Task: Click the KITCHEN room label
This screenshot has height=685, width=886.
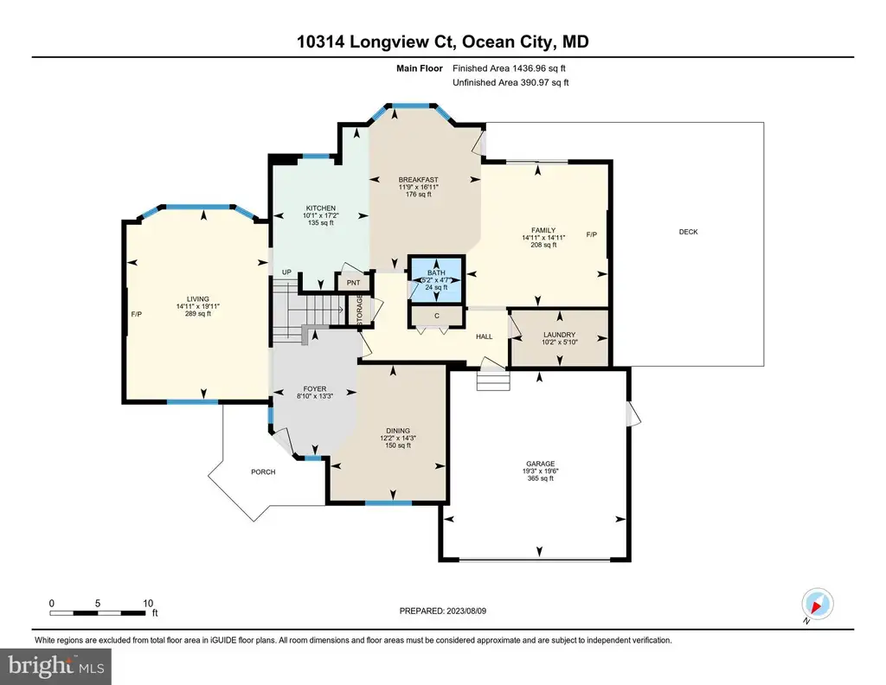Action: click(321, 208)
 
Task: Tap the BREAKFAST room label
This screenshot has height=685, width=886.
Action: click(418, 180)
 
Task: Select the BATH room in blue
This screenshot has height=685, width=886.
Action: click(436, 279)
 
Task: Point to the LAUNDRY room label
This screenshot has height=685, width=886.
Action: click(560, 335)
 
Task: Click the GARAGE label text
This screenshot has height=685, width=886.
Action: click(540, 464)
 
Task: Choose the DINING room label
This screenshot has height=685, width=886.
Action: click(398, 431)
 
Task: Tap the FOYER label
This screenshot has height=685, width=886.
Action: click(315, 389)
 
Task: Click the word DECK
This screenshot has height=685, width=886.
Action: click(688, 232)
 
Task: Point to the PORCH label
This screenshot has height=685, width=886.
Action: click(263, 472)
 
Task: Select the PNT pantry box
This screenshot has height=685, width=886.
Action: click(354, 282)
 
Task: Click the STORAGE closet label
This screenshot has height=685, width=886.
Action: click(359, 310)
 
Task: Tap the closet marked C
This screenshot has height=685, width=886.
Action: click(437, 317)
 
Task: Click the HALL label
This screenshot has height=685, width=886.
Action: click(485, 336)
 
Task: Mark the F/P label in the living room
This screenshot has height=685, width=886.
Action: click(136, 315)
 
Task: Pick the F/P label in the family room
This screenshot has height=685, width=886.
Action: click(592, 235)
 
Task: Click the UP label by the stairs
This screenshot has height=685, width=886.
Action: click(286, 272)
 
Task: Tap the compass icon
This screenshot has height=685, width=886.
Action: click(817, 605)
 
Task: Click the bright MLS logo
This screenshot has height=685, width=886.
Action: click(55, 666)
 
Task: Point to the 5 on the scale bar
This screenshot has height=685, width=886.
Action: click(98, 604)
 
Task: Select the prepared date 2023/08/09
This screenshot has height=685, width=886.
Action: click(466, 611)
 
